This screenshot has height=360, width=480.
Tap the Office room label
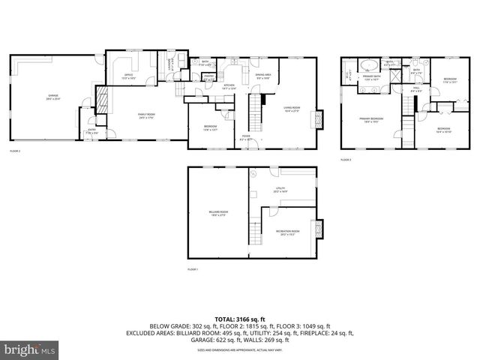click(x=128, y=76)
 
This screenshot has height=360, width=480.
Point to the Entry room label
click(x=91, y=130)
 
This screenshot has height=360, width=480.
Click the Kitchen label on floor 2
click(x=230, y=86)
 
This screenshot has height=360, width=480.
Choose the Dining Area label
click(x=262, y=76)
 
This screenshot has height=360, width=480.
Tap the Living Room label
click(x=292, y=109)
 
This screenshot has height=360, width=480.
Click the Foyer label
click(x=245, y=136)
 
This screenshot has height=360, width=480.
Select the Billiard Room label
click(x=218, y=213)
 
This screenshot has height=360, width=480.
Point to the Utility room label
click(x=280, y=190)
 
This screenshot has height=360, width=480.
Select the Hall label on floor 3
click(x=415, y=89)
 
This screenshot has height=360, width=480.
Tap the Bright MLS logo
click(x=30, y=349)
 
